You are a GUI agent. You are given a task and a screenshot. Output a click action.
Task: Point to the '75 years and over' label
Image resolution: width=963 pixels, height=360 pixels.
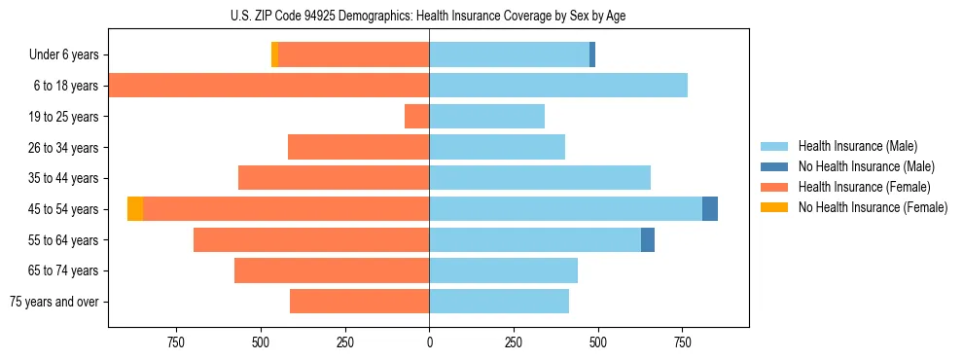pos(54,302)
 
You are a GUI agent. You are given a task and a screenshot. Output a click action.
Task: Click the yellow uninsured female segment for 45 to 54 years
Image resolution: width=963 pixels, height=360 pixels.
pos(135,209)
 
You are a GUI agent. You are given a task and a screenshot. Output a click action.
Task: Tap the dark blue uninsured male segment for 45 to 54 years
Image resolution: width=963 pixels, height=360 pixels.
pos(710,209)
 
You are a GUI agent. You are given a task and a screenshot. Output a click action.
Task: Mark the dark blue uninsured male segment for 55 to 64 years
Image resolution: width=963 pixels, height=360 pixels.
pos(648,239)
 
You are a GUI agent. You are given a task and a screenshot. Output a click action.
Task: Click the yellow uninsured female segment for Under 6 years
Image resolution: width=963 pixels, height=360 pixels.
pos(274,55)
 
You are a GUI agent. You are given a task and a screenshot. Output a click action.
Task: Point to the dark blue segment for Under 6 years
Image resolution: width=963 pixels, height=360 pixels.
pos(592,55)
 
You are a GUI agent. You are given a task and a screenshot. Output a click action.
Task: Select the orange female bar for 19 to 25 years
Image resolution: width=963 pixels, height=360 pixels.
pos(417,117)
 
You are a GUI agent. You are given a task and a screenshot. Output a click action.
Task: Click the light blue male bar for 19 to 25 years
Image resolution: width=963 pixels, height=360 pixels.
pos(486,117)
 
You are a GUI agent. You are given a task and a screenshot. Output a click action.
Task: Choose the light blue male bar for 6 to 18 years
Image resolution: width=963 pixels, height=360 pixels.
pos(558,86)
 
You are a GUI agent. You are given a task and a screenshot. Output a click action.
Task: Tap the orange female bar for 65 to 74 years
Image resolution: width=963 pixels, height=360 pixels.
pos(332,270)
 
